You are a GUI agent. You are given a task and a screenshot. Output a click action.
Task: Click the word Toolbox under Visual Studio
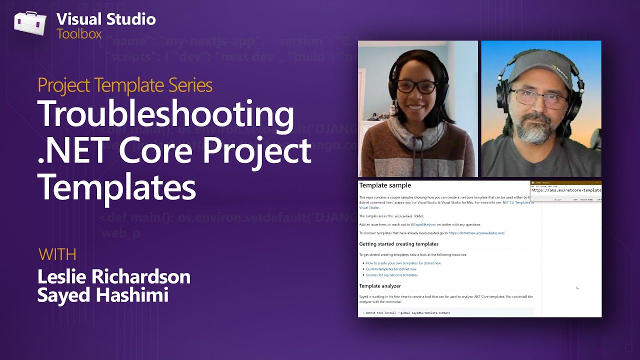click(x=79, y=34)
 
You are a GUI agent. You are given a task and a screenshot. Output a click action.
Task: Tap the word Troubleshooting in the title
click(x=165, y=114)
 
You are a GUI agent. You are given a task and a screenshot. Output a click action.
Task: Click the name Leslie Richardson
click(x=114, y=276)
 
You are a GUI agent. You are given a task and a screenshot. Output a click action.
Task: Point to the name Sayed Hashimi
click(x=102, y=295)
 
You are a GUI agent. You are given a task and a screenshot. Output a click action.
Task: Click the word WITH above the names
click(x=57, y=254)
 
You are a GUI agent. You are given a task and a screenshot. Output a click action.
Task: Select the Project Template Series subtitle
click(x=125, y=85)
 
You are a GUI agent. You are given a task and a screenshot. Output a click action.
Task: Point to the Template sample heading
click(x=385, y=185)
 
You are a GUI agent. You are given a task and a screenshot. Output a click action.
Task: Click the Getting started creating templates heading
click(x=398, y=244)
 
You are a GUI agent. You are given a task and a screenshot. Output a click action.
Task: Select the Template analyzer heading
click(x=380, y=286)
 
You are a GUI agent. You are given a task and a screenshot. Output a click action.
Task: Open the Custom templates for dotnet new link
click(x=391, y=269)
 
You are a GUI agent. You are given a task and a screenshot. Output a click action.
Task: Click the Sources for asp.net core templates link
click(x=391, y=275)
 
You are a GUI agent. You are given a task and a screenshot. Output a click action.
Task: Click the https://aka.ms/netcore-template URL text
click(x=566, y=190)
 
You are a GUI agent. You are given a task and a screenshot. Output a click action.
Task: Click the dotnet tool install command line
click(x=407, y=313)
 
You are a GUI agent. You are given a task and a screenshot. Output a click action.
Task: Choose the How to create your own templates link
click(x=403, y=263)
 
